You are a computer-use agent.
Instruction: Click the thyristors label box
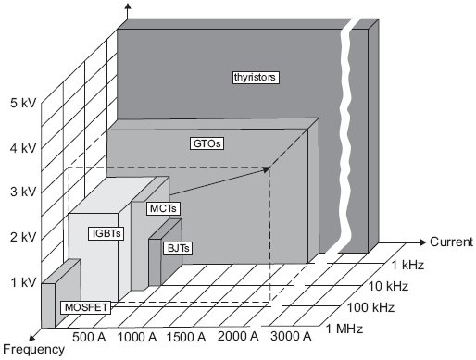pos(256,77)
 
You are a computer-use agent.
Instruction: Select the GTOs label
pos(207,143)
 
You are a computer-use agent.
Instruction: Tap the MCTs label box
pos(163,208)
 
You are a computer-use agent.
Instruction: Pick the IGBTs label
pos(106,233)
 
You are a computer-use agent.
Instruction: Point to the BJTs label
pos(178,248)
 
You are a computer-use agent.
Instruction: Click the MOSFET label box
pos(86,307)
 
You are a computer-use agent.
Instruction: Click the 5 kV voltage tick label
pos(23,103)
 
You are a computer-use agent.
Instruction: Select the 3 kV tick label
pos(23,192)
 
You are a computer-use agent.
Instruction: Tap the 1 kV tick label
pos(23,282)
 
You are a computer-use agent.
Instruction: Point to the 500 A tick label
pos(89,337)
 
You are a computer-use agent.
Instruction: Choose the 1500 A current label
pos(186,337)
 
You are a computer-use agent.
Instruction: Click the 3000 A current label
pos(291,336)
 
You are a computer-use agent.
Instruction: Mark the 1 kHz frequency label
pos(407,265)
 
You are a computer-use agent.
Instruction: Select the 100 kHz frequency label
pos(370,307)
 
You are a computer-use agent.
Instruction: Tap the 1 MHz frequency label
pos(344,329)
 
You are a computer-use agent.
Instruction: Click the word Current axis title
pos(451,242)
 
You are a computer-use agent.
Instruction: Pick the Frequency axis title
pos(33,350)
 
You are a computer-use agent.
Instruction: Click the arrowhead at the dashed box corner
pos(266,169)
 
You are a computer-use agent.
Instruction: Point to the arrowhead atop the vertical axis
pos(128,6)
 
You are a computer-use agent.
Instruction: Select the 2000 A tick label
pos(238,336)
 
